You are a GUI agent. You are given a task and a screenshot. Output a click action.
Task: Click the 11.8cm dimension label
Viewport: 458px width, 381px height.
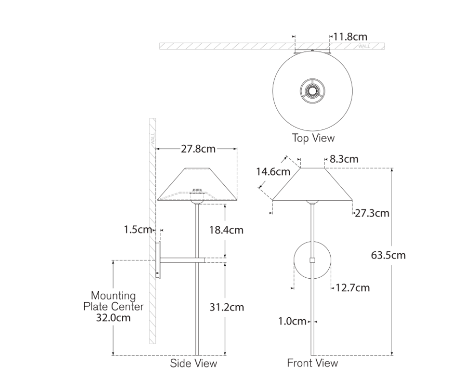pyautogui.click(x=350, y=37)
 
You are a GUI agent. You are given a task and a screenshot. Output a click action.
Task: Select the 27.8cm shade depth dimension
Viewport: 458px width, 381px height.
pyautogui.click(x=198, y=149)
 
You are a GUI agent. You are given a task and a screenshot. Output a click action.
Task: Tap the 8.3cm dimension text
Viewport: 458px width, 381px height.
pyautogui.click(x=344, y=159)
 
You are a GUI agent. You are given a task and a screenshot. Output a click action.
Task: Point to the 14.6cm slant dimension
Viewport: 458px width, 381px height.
pyautogui.click(x=273, y=172)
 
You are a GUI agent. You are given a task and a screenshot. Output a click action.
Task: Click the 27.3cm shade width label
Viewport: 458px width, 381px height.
pyautogui.click(x=372, y=213)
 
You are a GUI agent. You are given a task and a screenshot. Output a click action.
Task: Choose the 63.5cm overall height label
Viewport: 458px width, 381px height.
pyautogui.click(x=388, y=255)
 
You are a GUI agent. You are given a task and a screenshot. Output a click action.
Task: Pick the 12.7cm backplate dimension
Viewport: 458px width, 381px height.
pyautogui.click(x=353, y=288)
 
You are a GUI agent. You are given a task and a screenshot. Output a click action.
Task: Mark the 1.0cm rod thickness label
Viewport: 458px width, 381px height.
pyautogui.click(x=292, y=321)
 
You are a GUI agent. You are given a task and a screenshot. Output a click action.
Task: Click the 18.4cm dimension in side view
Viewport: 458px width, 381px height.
pyautogui.click(x=226, y=230)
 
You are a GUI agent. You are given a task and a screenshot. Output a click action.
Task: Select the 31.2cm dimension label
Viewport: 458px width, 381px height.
pyautogui.click(x=226, y=307)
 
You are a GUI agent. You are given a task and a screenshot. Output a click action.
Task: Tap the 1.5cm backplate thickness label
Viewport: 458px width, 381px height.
pyautogui.click(x=138, y=229)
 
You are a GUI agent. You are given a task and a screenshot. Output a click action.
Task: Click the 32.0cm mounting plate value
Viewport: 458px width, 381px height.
pyautogui.click(x=113, y=318)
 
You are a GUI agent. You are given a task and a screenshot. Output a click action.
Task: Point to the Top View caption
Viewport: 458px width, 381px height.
pyautogui.click(x=314, y=138)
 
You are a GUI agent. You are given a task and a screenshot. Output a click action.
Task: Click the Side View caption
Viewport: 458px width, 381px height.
pyautogui.click(x=194, y=363)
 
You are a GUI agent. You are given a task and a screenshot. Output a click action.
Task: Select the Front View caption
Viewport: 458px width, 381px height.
pyautogui.click(x=313, y=363)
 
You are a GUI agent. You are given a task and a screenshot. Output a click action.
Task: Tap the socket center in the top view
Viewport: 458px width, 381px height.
pyautogui.click(x=313, y=91)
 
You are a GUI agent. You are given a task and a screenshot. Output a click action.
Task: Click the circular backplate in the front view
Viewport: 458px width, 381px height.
pyautogui.click(x=313, y=261)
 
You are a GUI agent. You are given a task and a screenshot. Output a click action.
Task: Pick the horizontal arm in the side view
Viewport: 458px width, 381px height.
pyautogui.click(x=183, y=260)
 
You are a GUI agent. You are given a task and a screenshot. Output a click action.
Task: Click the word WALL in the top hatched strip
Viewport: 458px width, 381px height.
pyautogui.click(x=364, y=46)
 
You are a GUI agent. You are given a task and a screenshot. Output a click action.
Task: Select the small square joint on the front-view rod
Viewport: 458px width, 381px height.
pyautogui.click(x=313, y=261)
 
